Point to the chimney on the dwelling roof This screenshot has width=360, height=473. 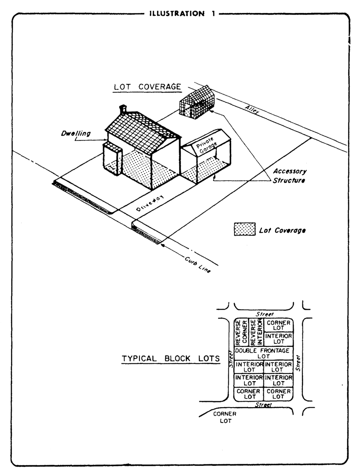coord(123,109)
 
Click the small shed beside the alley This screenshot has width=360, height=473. coord(196,103)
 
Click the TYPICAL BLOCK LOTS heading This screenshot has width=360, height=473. coord(171,359)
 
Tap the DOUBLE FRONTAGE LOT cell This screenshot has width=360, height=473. coord(263,353)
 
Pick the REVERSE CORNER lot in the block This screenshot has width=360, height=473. coord(241,333)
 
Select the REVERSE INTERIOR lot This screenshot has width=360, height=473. coord(256,333)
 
